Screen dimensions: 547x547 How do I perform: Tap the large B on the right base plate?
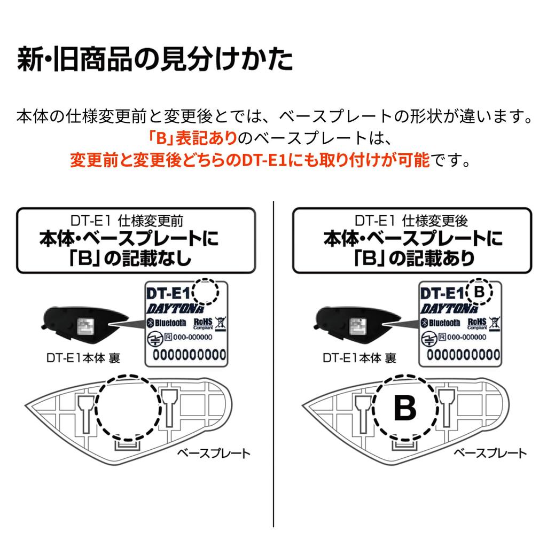click(405, 408)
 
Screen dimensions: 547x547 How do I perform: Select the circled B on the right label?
click(480, 291)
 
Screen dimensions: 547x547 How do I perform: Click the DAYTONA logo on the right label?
click(449, 308)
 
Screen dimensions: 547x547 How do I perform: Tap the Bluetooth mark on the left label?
click(166, 323)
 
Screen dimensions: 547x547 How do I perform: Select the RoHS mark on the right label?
click(477, 323)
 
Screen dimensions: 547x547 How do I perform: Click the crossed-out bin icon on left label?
click(221, 323)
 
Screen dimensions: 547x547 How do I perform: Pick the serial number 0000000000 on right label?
click(463, 355)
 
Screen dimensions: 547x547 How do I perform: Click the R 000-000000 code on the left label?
click(188, 337)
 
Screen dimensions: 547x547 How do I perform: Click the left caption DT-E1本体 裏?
click(83, 358)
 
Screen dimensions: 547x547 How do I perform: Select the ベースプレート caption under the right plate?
click(490, 453)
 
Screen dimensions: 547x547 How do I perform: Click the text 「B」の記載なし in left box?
click(130, 259)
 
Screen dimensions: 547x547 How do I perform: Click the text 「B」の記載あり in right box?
click(414, 259)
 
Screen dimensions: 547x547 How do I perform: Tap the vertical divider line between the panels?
click(273, 364)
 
